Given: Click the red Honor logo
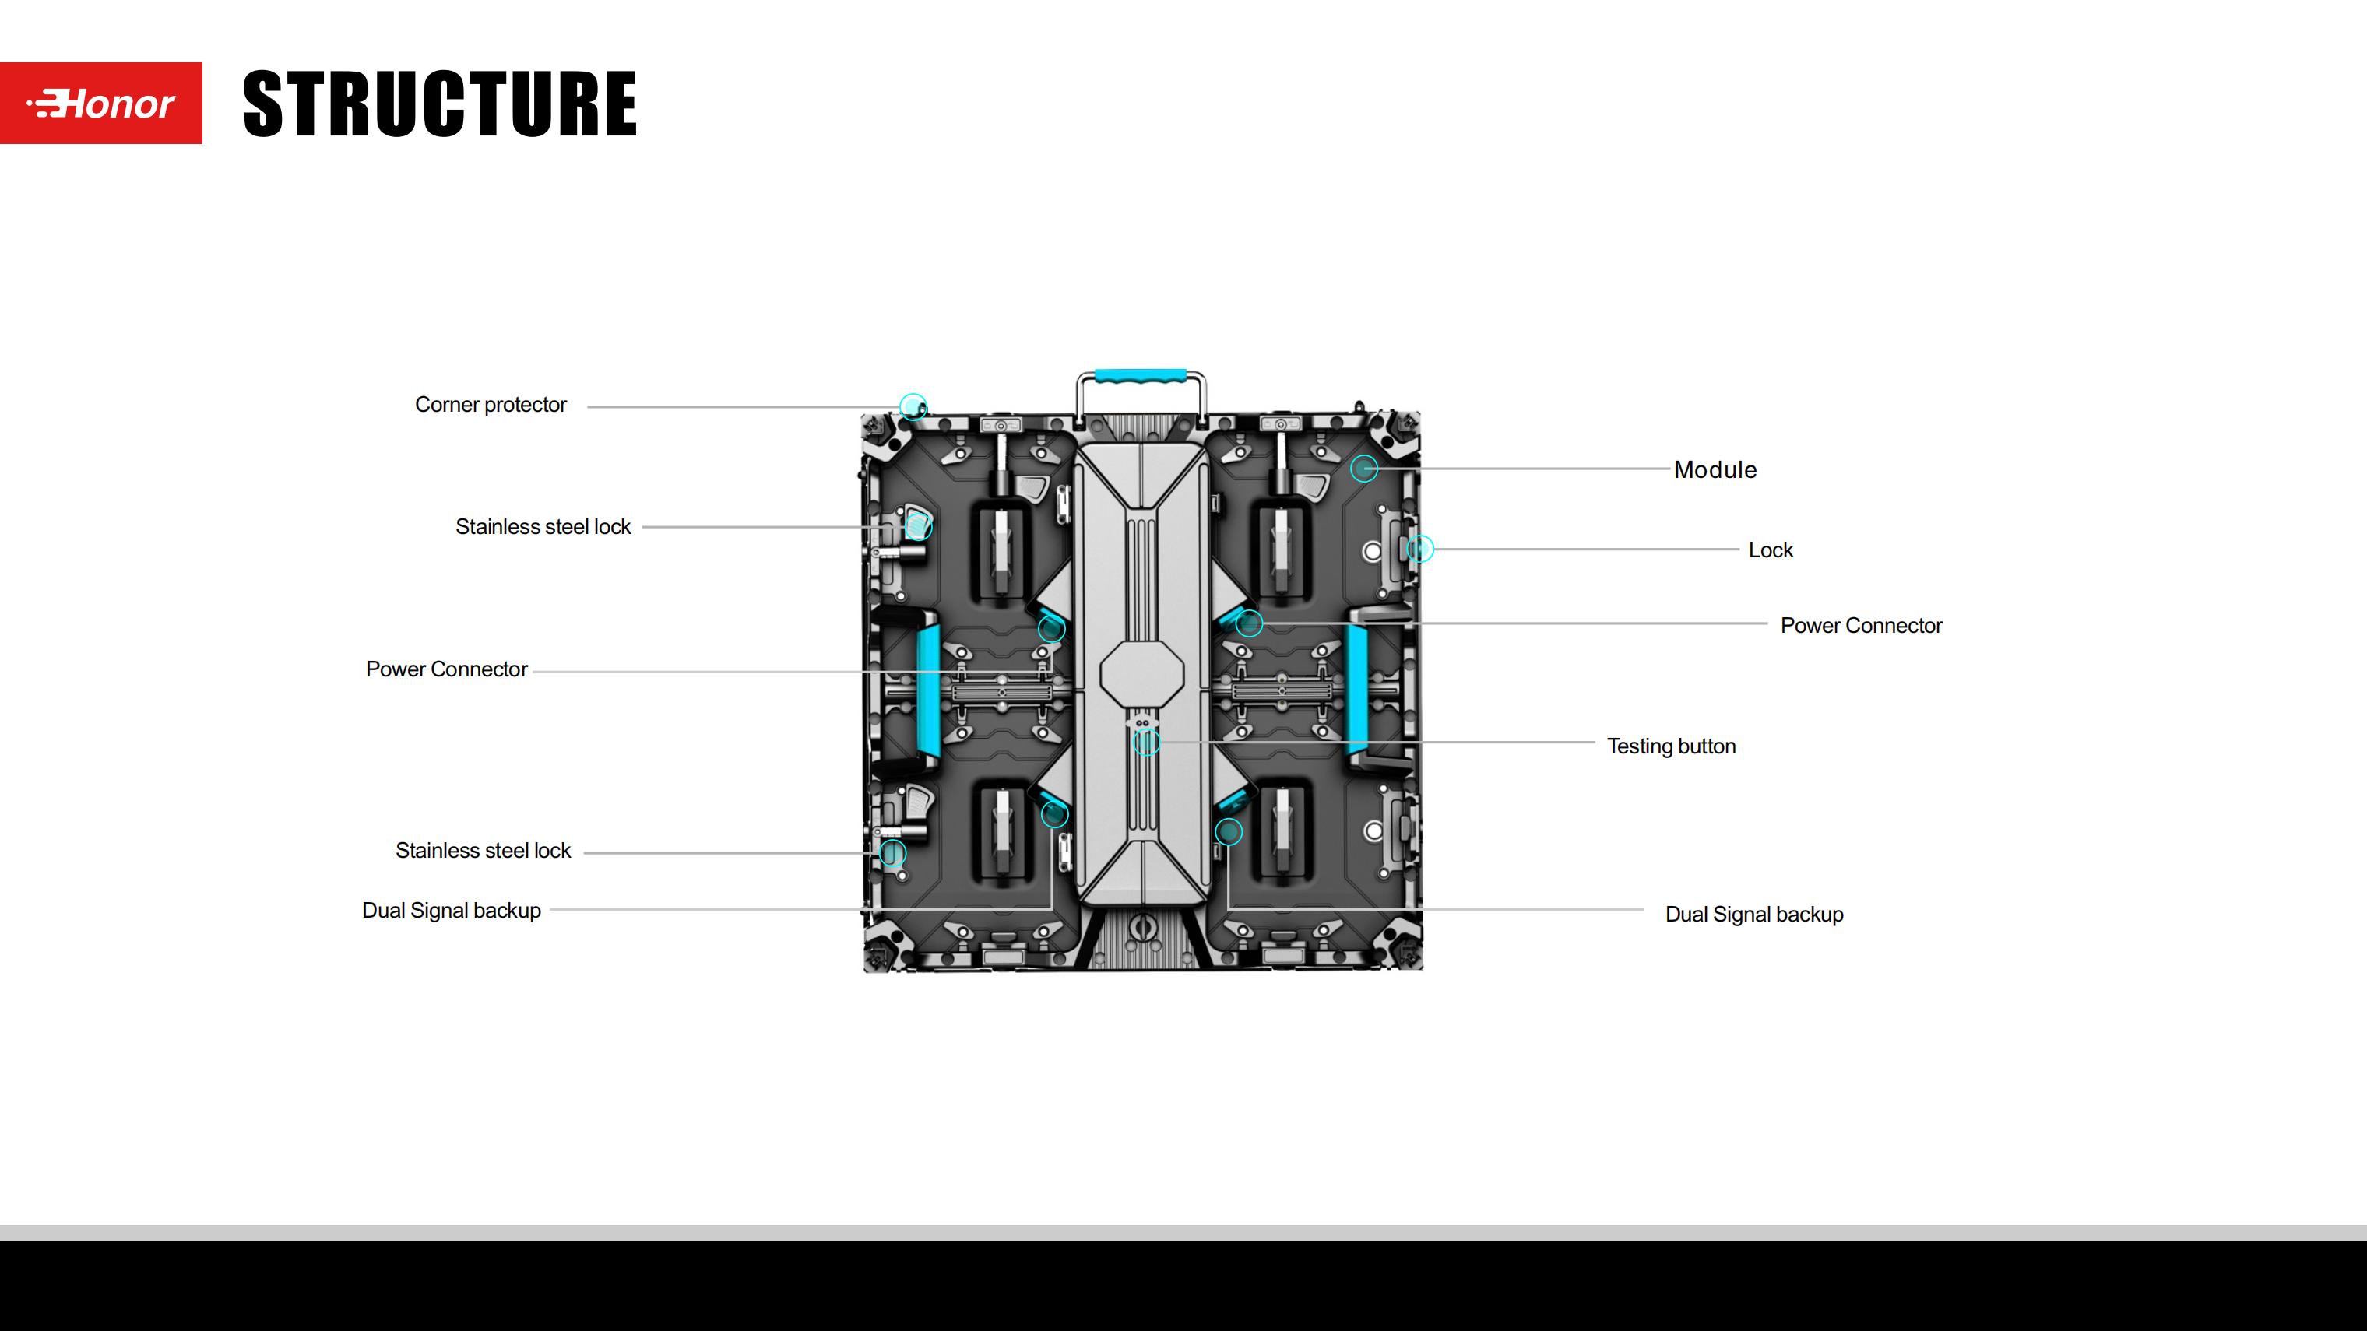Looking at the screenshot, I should tap(101, 103).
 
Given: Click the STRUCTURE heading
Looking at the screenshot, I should tap(439, 104).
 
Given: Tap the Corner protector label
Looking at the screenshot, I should tap(491, 405).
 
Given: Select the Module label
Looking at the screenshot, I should tap(1715, 470).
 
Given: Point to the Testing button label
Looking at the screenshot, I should tap(1670, 746).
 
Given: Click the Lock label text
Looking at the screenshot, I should tap(1770, 550).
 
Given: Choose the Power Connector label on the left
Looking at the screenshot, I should tap(447, 669).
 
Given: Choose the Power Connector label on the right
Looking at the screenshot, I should tap(1861, 626).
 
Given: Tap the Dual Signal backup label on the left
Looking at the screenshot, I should tap(451, 911).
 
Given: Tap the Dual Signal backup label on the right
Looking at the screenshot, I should tap(1754, 915).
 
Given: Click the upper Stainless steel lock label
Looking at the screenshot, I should tap(543, 527).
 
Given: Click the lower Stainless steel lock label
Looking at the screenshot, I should tap(484, 852).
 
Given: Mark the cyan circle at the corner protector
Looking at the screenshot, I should tap(913, 406).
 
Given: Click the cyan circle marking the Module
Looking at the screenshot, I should tap(1364, 469).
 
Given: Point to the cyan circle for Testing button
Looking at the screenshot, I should tap(1146, 743).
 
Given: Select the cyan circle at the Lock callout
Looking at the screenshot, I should tap(1419, 549).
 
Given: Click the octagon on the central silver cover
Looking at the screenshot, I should tap(1141, 674).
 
